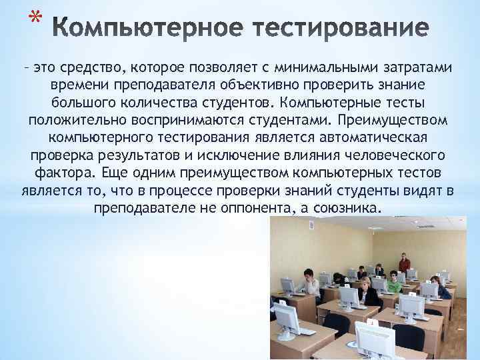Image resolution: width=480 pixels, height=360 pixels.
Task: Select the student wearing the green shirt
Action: [x=394, y=284]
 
